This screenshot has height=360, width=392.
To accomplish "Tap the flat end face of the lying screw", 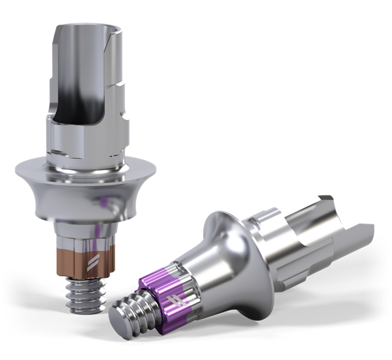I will (122, 319).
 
